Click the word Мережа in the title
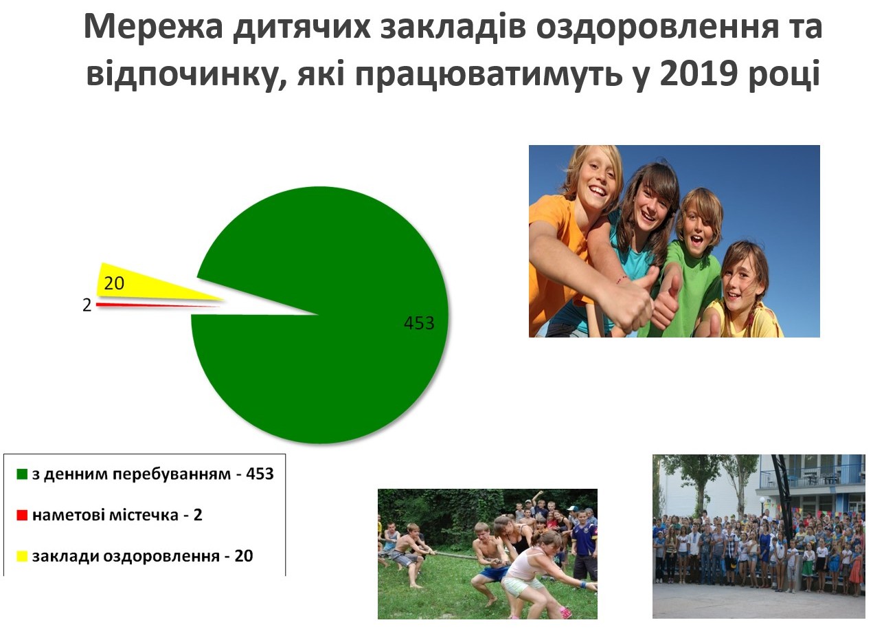(x=153, y=26)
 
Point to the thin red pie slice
(x=156, y=305)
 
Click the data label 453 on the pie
(x=419, y=323)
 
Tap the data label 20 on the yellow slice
(x=114, y=283)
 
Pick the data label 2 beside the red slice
(x=87, y=305)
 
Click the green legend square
(x=22, y=474)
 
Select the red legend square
(x=22, y=515)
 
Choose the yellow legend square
(x=22, y=556)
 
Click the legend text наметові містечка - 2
(x=117, y=515)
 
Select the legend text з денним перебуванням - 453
(x=152, y=474)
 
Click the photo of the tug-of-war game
(x=488, y=554)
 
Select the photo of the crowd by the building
(x=759, y=536)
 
